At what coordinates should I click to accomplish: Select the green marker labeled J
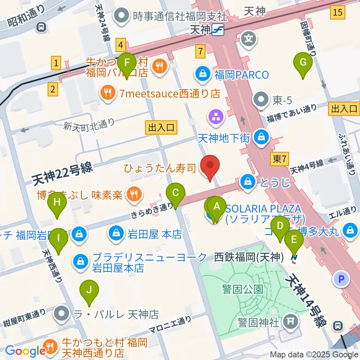point(89,290)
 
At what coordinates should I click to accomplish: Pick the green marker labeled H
point(57,203)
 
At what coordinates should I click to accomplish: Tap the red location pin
point(210,165)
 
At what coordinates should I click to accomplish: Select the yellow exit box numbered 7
point(201,51)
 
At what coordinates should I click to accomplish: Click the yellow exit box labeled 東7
point(279,159)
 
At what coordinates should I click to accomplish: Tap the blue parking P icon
point(341,279)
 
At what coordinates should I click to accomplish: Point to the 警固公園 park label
point(241,289)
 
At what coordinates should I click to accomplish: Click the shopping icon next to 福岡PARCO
point(202,74)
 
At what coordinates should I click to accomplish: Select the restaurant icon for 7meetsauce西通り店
point(108,93)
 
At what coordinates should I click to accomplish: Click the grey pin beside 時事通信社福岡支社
point(122,16)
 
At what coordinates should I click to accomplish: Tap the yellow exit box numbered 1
point(56,63)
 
